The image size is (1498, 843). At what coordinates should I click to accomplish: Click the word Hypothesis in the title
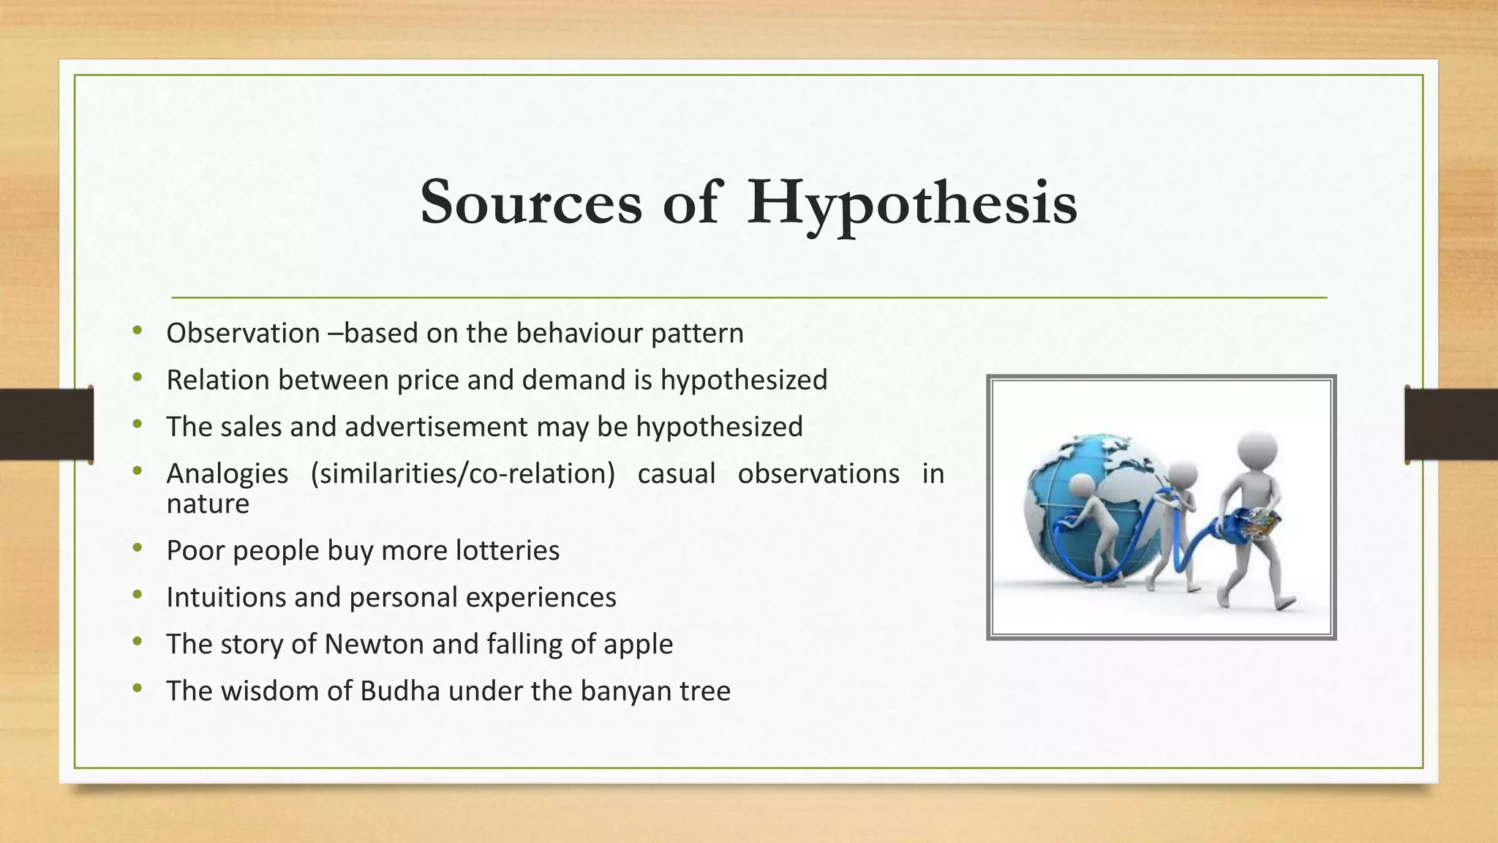911,203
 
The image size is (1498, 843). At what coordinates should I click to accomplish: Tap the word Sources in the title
531,203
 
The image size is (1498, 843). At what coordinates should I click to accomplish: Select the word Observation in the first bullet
243,334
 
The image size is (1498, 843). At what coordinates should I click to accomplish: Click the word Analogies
227,474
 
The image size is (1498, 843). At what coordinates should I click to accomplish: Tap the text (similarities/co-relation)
463,474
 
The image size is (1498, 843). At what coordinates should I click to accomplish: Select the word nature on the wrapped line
208,504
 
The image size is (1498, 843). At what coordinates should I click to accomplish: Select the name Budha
399,692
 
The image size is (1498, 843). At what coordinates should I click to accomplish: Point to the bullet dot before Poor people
138,548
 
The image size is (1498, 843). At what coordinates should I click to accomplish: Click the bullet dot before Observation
138,331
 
